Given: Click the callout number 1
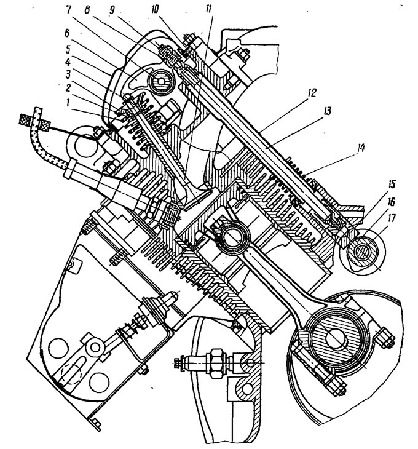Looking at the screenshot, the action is pyautogui.click(x=68, y=102).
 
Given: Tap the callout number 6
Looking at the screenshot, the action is pyautogui.click(x=67, y=33).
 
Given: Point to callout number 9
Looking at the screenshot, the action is pyautogui.click(x=112, y=9).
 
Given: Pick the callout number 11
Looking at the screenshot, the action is pyautogui.click(x=208, y=9).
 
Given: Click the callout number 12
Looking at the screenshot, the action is pyautogui.click(x=312, y=92).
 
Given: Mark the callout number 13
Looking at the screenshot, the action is pyautogui.click(x=327, y=110).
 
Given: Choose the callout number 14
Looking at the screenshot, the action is pyautogui.click(x=360, y=148).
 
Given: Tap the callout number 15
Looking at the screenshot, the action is pyautogui.click(x=392, y=183).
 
